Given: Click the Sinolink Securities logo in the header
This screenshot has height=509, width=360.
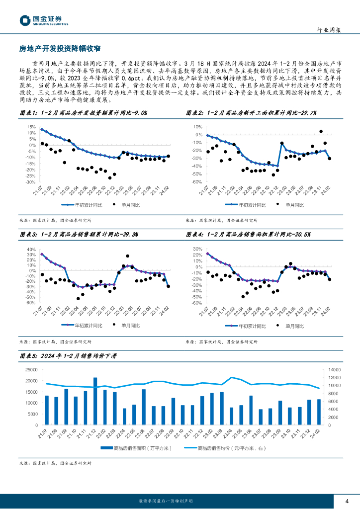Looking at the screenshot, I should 44,20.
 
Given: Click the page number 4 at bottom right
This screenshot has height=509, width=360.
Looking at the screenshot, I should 347,500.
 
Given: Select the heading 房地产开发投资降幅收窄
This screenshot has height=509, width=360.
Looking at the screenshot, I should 60,48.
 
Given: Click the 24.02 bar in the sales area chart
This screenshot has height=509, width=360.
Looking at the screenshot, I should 319,412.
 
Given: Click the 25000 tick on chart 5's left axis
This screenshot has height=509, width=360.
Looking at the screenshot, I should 31,369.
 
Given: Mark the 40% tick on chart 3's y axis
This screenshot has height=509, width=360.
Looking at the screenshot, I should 31,250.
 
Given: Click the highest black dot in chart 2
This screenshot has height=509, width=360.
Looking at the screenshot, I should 321,132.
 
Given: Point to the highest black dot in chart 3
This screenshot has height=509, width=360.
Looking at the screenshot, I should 128,256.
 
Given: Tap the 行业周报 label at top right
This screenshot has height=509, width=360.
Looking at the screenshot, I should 329,30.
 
